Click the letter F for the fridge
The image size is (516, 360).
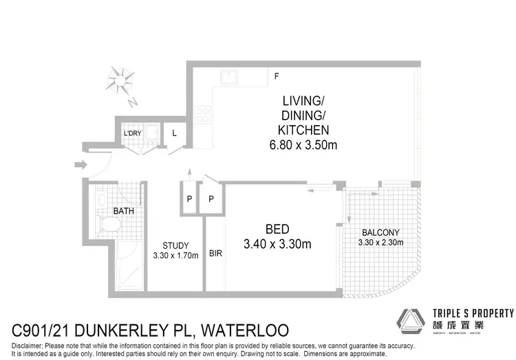click(x=277, y=76)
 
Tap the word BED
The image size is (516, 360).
click(x=277, y=229)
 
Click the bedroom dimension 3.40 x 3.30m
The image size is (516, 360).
click(x=277, y=244)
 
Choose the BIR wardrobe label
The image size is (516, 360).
click(x=215, y=253)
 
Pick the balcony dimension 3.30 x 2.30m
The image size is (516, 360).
click(x=380, y=242)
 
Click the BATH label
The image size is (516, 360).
click(x=124, y=211)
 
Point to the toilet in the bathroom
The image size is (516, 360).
click(x=107, y=225)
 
